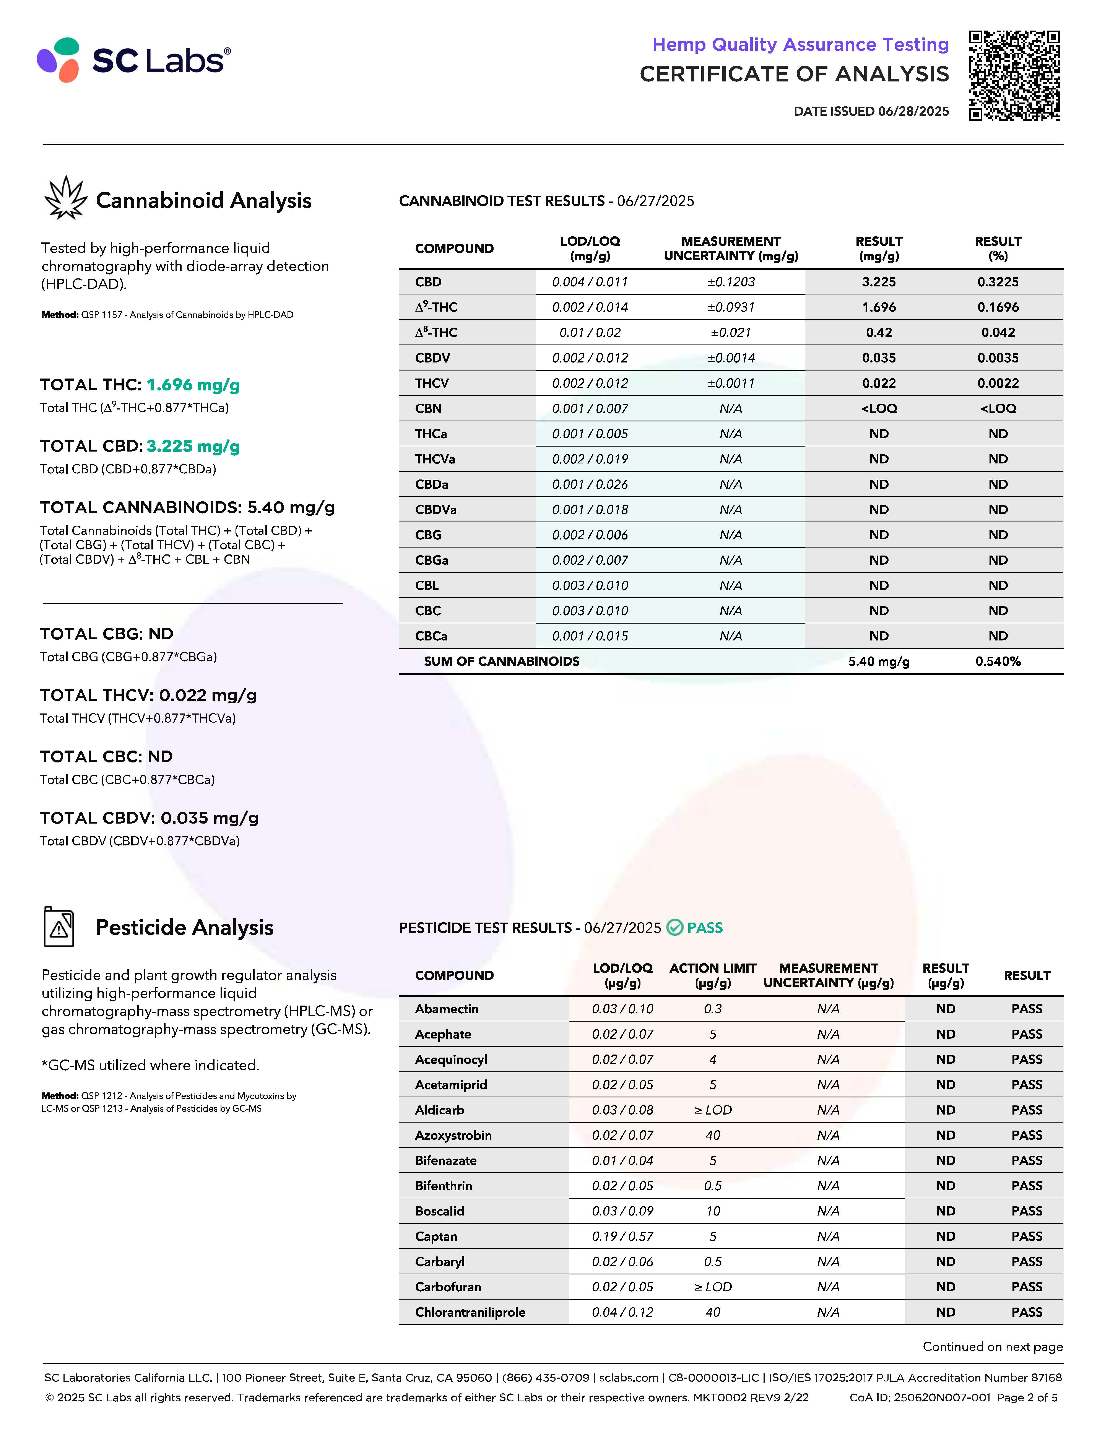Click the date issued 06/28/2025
pyautogui.click(x=871, y=111)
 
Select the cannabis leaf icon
pyautogui.click(x=65, y=198)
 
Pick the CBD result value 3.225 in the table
pyautogui.click(x=879, y=282)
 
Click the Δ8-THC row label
pyautogui.click(x=436, y=333)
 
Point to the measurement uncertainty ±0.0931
pyautogui.click(x=731, y=307)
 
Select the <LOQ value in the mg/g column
pyautogui.click(x=879, y=409)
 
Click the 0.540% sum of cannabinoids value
pyautogui.click(x=998, y=661)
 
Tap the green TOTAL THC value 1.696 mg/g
pyautogui.click(x=193, y=385)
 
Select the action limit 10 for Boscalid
pyautogui.click(x=713, y=1211)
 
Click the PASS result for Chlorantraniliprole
pyautogui.click(x=1026, y=1312)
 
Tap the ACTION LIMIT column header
pyautogui.click(x=713, y=975)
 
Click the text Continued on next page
pyautogui.click(x=992, y=1347)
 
